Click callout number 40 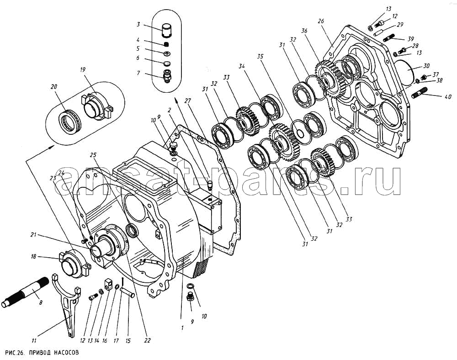(448, 96)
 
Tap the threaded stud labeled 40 (420, 92)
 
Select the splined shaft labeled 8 (25, 292)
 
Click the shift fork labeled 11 (67, 303)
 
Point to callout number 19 (82, 69)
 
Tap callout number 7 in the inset (138, 73)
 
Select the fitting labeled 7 (167, 76)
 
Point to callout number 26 (321, 21)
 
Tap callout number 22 (147, 340)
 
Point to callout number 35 (260, 56)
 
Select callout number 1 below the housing (182, 328)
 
